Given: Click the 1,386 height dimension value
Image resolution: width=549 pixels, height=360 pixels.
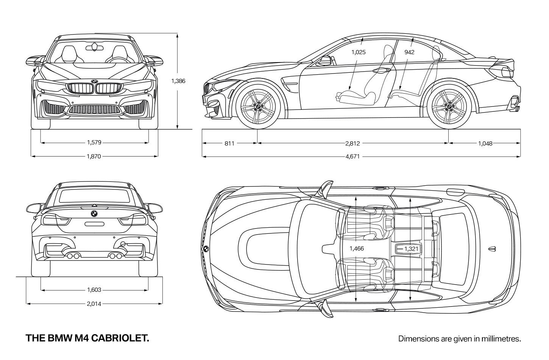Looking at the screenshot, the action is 178,81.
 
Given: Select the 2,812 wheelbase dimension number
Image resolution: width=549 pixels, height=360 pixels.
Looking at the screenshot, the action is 352,144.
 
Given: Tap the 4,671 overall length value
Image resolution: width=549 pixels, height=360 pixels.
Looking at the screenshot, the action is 352,157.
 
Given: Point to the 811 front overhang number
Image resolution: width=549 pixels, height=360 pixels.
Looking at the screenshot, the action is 229,144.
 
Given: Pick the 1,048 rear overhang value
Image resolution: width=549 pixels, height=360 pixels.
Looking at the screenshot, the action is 485,144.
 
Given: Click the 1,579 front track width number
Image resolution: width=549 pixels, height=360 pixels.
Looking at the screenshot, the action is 94,142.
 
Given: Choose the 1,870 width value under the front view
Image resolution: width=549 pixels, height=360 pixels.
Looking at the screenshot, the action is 94,157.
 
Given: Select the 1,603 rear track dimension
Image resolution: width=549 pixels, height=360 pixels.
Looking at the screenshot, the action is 94,290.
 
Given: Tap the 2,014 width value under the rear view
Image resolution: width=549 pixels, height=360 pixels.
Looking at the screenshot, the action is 94,304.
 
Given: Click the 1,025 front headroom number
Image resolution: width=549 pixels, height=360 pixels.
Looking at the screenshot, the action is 358,52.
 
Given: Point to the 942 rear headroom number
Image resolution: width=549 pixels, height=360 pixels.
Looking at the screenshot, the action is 409,52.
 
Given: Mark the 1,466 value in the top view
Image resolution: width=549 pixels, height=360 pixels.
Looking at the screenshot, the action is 357,249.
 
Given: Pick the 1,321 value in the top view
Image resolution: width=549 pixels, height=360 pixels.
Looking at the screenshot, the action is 411,249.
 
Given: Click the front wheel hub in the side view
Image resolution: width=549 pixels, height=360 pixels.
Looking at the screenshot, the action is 258,107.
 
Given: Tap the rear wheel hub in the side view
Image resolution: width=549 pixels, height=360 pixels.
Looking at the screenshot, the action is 449,107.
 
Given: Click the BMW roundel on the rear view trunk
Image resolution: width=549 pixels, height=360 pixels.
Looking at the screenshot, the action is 94,214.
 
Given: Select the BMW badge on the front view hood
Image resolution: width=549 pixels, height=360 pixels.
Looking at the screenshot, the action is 95,81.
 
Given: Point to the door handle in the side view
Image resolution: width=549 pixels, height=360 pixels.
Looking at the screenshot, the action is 381,70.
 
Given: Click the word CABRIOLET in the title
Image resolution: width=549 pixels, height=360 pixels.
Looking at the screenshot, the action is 120,338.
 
